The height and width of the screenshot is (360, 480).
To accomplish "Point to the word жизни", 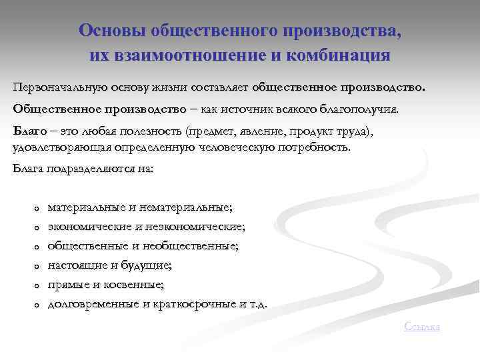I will [171, 87].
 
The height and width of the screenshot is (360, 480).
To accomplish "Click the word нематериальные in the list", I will [187, 208].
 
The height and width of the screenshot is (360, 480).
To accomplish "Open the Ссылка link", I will [423, 326].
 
